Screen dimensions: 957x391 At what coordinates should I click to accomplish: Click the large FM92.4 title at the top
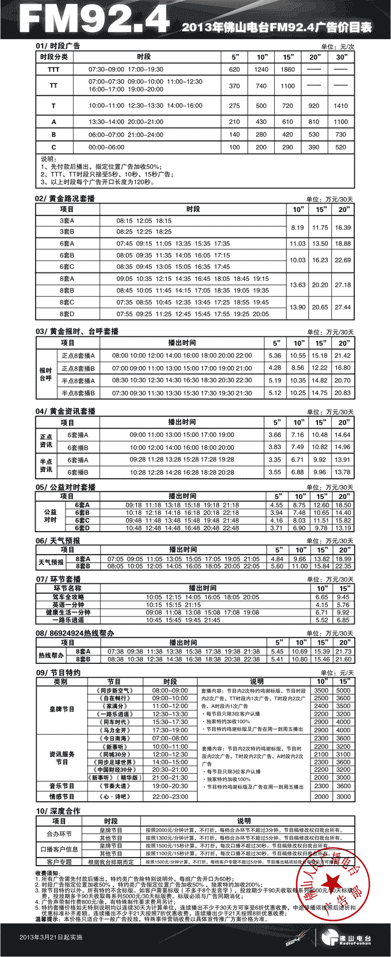point(94,19)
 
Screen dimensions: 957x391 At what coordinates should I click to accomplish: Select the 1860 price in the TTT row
point(287,69)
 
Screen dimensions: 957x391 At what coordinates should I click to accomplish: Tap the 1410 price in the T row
point(341,106)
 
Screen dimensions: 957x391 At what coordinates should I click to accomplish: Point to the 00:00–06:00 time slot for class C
point(108,147)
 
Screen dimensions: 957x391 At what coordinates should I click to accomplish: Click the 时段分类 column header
point(54,57)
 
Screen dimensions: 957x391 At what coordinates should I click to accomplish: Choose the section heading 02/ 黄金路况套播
point(65,198)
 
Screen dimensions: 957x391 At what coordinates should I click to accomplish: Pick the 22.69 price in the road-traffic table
point(343,260)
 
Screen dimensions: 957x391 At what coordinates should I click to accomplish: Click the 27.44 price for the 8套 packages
point(343,308)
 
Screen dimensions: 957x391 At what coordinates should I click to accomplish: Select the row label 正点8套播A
point(78,356)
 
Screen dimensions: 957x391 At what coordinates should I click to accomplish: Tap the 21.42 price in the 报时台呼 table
point(343,356)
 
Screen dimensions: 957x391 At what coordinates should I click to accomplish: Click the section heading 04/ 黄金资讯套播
point(66,412)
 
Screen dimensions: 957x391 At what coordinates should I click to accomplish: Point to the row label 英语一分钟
point(67,605)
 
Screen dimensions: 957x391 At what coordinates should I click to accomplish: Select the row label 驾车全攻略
point(67,597)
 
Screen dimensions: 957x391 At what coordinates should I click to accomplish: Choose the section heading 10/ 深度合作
point(58,811)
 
